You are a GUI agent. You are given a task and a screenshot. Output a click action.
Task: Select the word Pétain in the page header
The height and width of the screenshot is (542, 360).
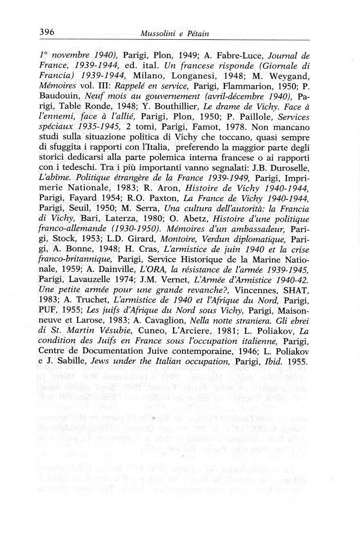(198, 34)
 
